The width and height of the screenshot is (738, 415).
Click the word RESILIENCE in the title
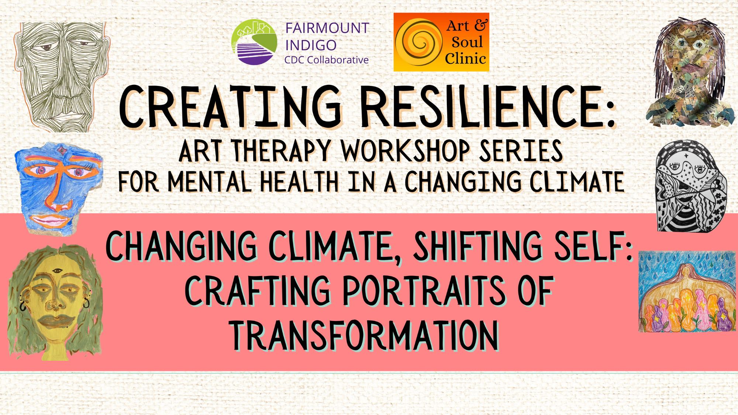[x=487, y=107]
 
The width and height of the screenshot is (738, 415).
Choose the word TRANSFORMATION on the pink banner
[x=365, y=335]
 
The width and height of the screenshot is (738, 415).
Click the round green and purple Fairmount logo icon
[x=254, y=42]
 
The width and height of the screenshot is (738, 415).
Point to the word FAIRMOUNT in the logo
[x=327, y=28]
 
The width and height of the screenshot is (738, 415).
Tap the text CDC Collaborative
[x=326, y=60]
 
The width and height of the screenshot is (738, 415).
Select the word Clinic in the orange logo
[x=465, y=58]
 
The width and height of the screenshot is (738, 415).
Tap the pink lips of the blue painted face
[x=55, y=221]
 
